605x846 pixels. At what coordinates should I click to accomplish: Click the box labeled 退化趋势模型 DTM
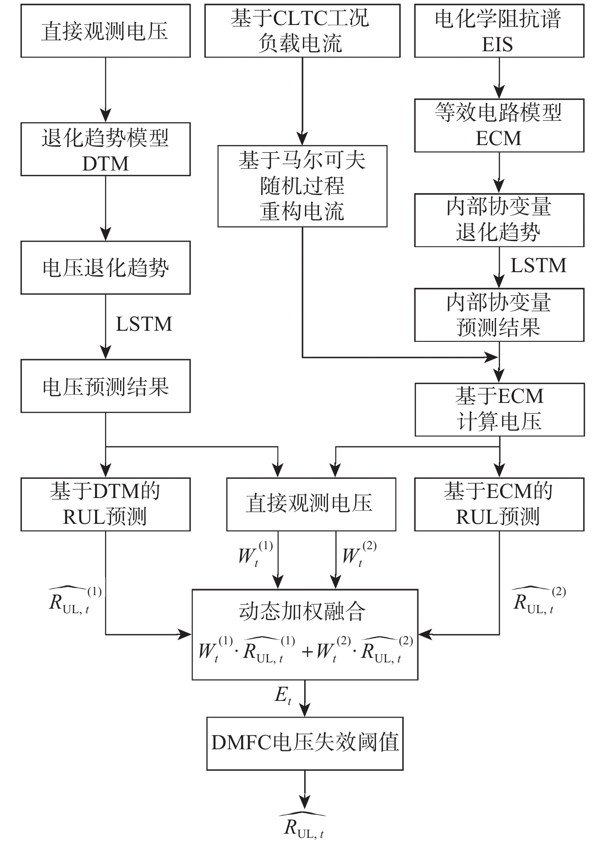105,149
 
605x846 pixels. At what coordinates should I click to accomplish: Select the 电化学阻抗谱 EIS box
499,31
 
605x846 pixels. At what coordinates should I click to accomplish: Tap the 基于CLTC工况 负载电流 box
302,31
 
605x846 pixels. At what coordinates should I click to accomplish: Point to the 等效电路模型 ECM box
499,125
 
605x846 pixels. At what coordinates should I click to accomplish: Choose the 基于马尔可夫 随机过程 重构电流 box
302,186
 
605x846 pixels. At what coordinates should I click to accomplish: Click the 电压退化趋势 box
105,268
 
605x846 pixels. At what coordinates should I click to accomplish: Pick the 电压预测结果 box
105,386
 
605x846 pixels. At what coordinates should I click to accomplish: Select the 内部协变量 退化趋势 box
499,220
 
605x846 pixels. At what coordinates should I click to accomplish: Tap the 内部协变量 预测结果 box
499,315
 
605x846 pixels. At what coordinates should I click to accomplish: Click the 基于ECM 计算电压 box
499,409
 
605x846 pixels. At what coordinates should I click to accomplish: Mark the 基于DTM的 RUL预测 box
105,504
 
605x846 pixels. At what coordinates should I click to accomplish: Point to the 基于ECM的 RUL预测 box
499,504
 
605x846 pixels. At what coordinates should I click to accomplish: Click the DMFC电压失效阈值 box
305,743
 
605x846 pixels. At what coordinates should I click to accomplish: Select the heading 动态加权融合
302,612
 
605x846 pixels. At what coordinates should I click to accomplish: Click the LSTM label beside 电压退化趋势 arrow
144,324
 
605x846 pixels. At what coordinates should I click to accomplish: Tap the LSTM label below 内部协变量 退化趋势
538,266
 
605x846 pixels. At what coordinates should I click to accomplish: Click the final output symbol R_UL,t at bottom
303,827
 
